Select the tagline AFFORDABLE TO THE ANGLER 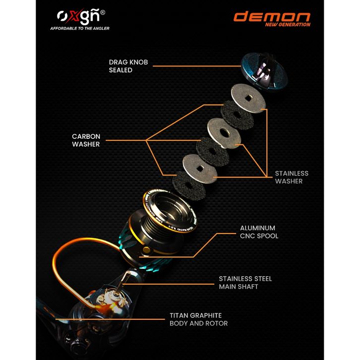80,29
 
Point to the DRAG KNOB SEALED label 128,66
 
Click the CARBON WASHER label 86,140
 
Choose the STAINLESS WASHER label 292,177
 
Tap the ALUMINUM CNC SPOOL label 259,232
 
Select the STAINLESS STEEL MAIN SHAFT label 245,282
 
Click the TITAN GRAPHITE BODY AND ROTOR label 199,319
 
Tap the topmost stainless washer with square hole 248,98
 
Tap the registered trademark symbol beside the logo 102,12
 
